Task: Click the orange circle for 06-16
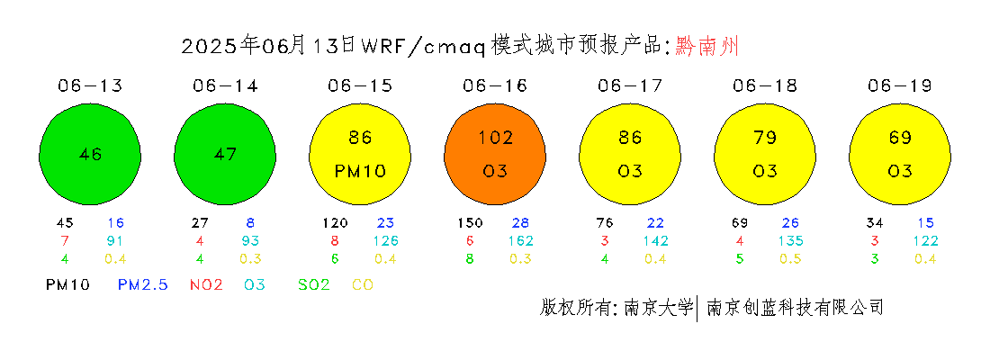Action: [x=495, y=154]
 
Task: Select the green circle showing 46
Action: [x=90, y=154]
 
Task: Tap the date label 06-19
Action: [x=900, y=85]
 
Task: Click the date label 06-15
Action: [x=360, y=85]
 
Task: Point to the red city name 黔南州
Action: [x=706, y=46]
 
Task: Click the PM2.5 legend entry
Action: [x=143, y=284]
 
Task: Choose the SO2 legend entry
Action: [x=314, y=284]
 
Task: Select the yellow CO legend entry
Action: [x=362, y=284]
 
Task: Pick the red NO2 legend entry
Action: [x=206, y=284]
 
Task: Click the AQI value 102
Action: [x=495, y=137]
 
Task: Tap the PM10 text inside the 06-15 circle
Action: [x=360, y=171]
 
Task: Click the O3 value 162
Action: [x=521, y=240]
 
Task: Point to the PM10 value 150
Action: [x=471, y=223]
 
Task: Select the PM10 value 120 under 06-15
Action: [x=336, y=223]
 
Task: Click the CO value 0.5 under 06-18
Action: [x=790, y=259]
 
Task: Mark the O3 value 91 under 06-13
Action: [x=115, y=240]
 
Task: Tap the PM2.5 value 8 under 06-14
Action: [x=250, y=223]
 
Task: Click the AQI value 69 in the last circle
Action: [x=900, y=137]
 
